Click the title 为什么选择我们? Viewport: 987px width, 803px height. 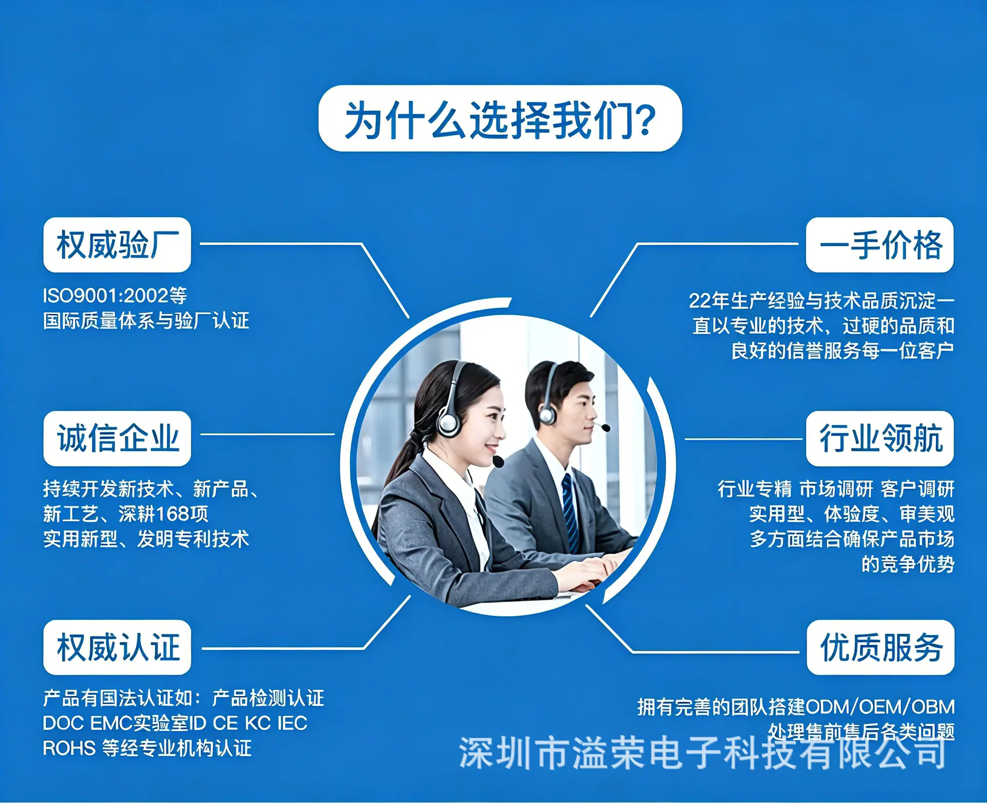click(500, 119)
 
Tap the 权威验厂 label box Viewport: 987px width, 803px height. click(117, 245)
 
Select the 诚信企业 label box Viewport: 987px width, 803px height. click(117, 439)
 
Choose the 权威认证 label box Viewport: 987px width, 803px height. click(117, 647)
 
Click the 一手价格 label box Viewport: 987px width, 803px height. click(880, 245)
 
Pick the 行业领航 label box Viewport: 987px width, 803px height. click(880, 439)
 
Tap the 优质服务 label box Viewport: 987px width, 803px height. click(880, 647)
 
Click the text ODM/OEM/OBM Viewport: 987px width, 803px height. click(880, 707)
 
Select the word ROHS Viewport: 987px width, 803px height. click(69, 749)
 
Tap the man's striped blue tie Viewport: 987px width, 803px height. click(570, 512)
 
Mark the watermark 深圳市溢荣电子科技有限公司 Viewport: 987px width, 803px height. click(702, 753)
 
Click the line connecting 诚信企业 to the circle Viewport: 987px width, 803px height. click(267, 434)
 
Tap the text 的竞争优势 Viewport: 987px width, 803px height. click(908, 564)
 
